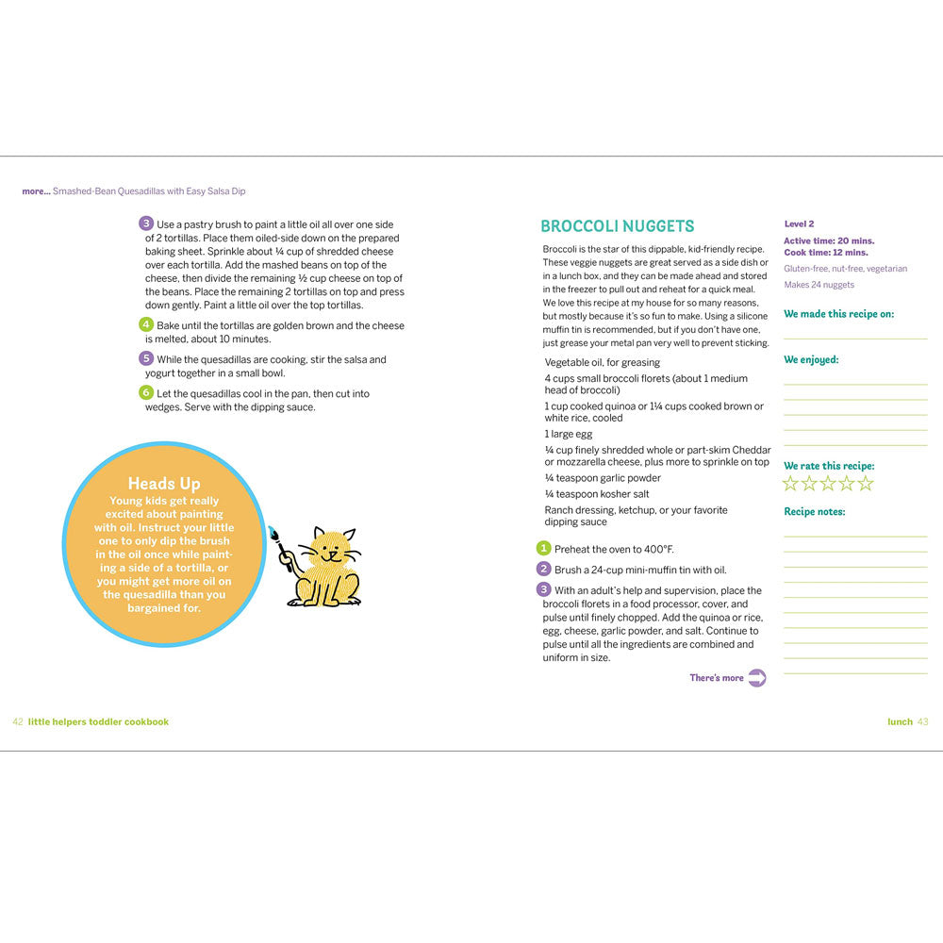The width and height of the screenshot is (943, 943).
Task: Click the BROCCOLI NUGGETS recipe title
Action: click(617, 226)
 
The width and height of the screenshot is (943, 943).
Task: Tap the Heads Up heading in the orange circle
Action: click(164, 484)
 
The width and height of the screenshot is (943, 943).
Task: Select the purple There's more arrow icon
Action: click(756, 678)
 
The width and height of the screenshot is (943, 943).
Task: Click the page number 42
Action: click(17, 721)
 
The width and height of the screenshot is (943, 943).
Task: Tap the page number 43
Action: click(922, 721)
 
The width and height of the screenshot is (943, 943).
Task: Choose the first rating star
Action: click(791, 484)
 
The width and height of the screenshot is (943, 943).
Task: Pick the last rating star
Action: click(866, 484)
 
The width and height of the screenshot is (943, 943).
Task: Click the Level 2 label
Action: click(799, 224)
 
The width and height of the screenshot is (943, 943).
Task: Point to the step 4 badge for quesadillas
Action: click(146, 324)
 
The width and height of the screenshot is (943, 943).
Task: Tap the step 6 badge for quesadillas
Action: click(146, 392)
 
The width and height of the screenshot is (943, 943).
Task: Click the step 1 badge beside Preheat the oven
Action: click(543, 549)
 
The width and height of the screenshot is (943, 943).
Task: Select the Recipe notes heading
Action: click(815, 512)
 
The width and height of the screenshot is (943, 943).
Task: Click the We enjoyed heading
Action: click(811, 359)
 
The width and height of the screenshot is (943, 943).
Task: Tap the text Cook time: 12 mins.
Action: click(826, 253)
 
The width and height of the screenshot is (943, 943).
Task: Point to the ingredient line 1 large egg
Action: click(569, 434)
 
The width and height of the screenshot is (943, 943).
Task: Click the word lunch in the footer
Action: click(900, 721)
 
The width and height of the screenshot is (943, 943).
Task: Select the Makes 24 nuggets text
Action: click(819, 285)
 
